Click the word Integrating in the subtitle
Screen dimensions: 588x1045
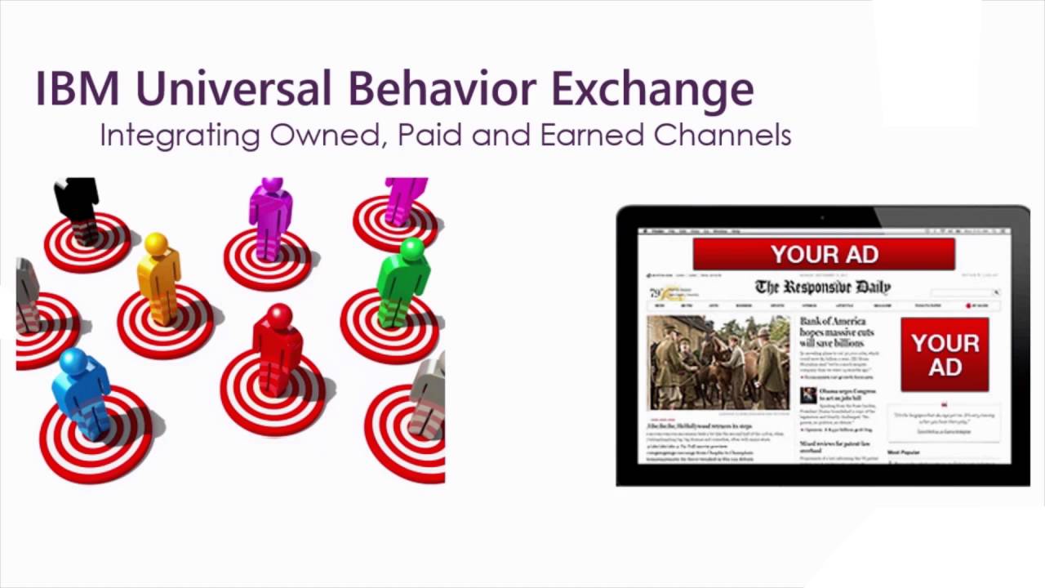click(x=180, y=136)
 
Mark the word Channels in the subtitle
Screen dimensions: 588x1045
click(x=723, y=135)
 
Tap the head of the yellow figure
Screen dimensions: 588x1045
click(x=156, y=243)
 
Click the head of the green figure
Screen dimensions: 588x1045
click(x=412, y=248)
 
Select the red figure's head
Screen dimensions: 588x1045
click(x=279, y=315)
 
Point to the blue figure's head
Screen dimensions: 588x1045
click(x=73, y=360)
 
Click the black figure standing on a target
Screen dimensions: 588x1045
click(x=77, y=204)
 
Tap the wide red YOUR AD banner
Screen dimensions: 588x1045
click(x=824, y=254)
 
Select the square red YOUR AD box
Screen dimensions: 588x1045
click(x=945, y=354)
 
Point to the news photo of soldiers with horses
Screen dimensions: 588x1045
click(x=718, y=362)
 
